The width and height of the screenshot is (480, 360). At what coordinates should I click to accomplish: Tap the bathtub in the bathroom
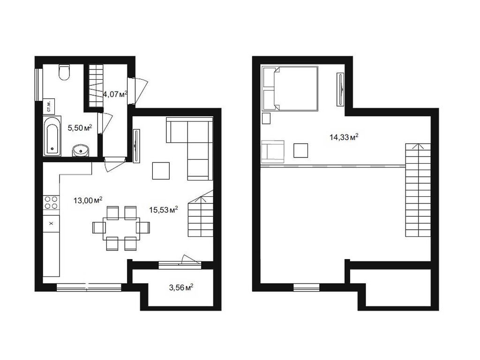(52, 136)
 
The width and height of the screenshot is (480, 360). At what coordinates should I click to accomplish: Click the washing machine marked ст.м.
(49, 106)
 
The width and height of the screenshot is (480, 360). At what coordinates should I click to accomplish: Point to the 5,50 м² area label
(79, 127)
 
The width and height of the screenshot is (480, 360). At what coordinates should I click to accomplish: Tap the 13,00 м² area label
(88, 200)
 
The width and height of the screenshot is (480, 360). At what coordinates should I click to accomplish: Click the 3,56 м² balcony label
(181, 287)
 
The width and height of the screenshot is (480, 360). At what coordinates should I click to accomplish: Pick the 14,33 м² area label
(344, 137)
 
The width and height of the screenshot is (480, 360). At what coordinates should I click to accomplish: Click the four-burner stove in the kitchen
(51, 202)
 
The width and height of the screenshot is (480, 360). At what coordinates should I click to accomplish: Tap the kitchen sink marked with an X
(51, 223)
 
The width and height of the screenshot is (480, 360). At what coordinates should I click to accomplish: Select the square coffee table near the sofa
(162, 171)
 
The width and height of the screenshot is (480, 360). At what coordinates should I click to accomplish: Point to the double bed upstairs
(291, 88)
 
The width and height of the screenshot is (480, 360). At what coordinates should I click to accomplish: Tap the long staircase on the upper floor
(417, 190)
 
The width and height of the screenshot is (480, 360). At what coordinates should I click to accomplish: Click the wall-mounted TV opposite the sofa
(136, 146)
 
